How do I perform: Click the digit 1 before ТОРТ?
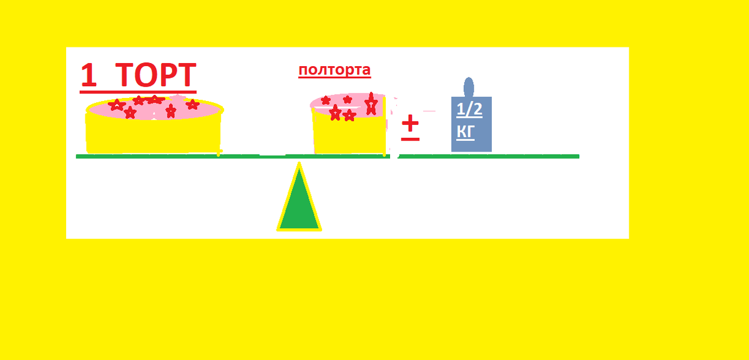click(x=89, y=75)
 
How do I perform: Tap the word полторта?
click(x=335, y=70)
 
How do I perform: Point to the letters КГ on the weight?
click(x=466, y=132)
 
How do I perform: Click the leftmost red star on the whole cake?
click(x=116, y=105)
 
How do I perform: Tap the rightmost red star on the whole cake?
click(x=192, y=104)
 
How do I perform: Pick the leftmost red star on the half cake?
click(x=325, y=100)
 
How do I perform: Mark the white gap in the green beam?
click(x=273, y=155)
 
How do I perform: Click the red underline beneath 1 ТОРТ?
click(x=138, y=92)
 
